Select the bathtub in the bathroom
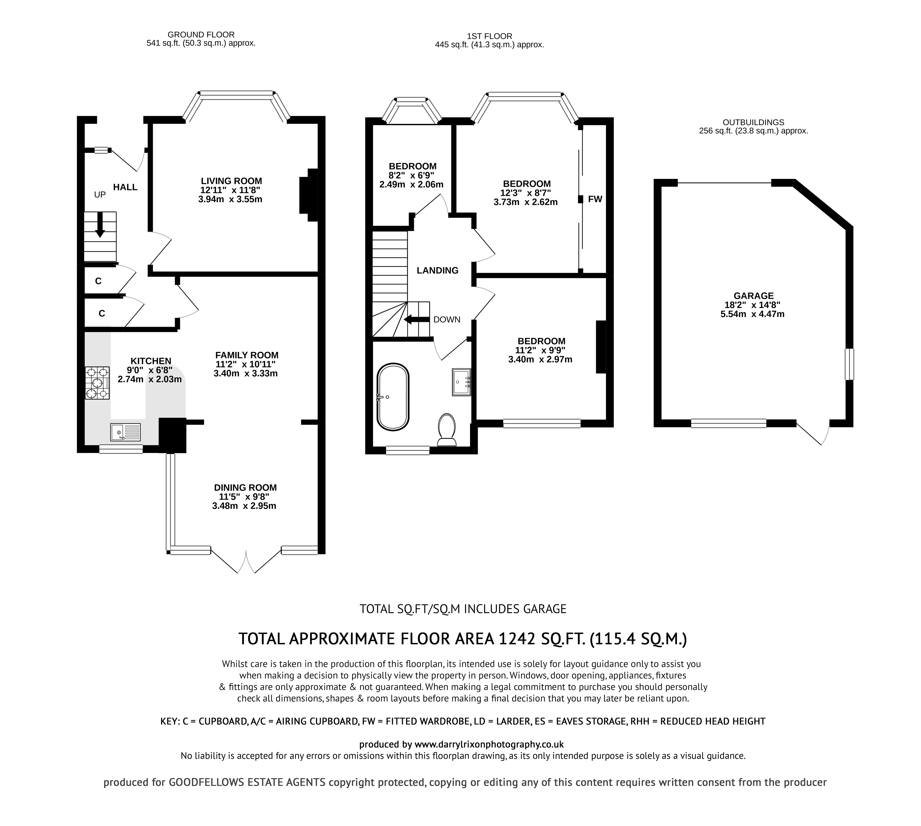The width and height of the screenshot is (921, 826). coord(393,397)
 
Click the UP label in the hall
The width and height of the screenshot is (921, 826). coord(100,195)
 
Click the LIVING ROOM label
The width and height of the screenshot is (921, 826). coord(232,181)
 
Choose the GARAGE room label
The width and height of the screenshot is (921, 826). coord(754,295)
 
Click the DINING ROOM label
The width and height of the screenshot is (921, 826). coord(245,488)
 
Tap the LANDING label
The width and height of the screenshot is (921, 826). coord(438,270)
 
